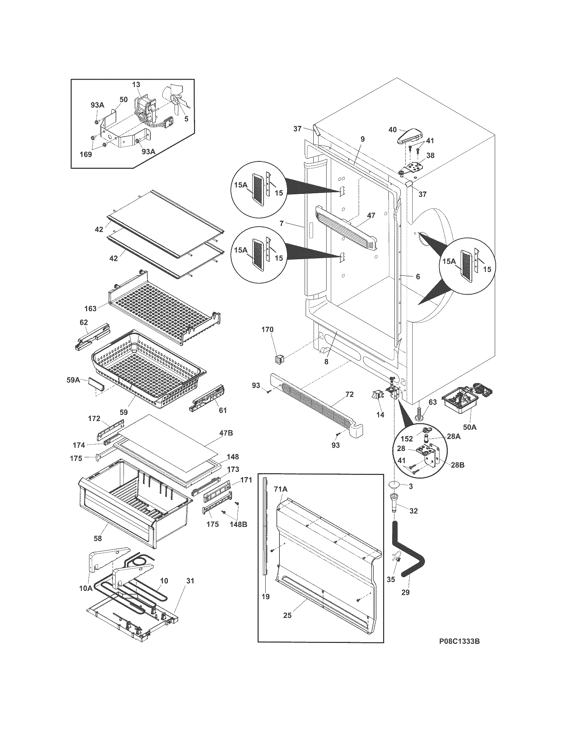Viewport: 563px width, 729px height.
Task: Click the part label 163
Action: click(90, 308)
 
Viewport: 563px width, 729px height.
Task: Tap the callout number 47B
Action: click(226, 433)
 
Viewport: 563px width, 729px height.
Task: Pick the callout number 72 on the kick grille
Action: click(349, 395)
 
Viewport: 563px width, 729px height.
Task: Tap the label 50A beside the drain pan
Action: click(469, 426)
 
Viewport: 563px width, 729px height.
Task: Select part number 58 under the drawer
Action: click(98, 538)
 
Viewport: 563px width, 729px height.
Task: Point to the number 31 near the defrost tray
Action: click(190, 581)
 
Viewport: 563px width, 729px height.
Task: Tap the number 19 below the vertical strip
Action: click(266, 596)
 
